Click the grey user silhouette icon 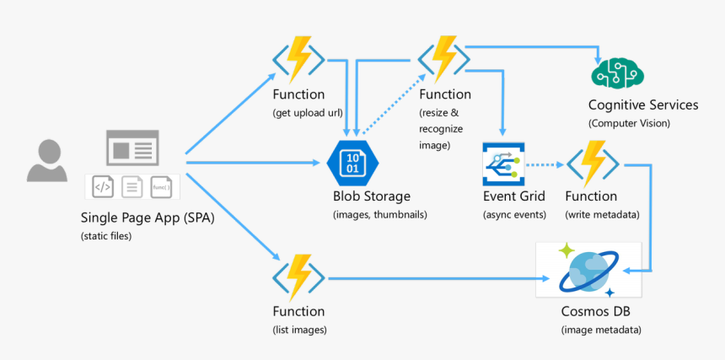pos(46,160)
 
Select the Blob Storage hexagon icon pos(352,163)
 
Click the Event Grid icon pos(503,164)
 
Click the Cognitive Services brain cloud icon pos(615,75)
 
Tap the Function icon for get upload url pos(298,58)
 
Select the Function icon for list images pos(298,277)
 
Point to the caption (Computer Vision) pos(629,123)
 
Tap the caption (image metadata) pos(600,329)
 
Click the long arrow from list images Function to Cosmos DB pos(430,278)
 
